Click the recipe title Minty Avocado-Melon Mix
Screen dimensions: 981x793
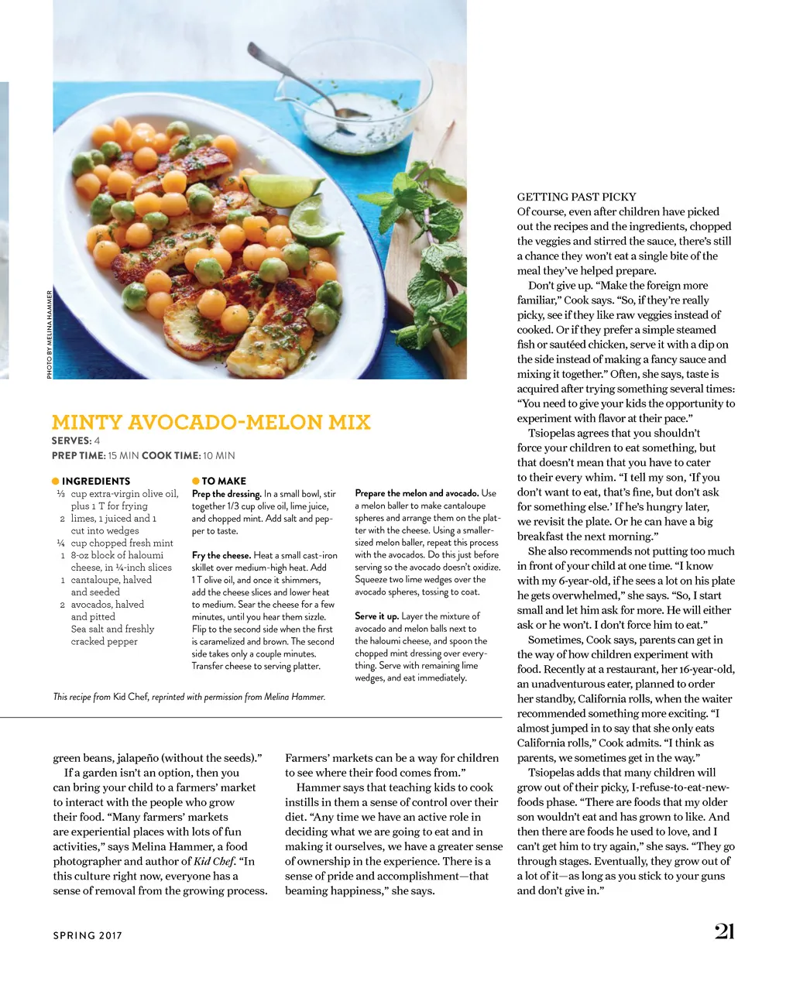(x=211, y=422)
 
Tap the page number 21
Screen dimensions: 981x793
(x=724, y=931)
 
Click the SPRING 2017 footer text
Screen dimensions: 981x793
(x=88, y=935)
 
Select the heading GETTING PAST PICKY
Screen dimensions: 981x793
(x=576, y=197)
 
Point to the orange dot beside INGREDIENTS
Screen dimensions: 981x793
(x=56, y=481)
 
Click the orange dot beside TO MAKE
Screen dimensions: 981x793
(x=196, y=481)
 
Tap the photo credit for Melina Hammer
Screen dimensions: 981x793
(x=50, y=334)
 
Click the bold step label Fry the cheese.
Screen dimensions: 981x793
(x=221, y=555)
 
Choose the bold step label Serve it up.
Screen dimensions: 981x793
(x=376, y=616)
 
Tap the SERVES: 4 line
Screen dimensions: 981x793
(x=76, y=441)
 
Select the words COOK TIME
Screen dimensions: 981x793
(x=170, y=455)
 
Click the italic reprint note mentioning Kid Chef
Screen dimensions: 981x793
(x=189, y=697)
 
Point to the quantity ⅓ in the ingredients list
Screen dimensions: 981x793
(x=60, y=493)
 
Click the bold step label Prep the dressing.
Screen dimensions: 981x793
(x=226, y=493)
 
